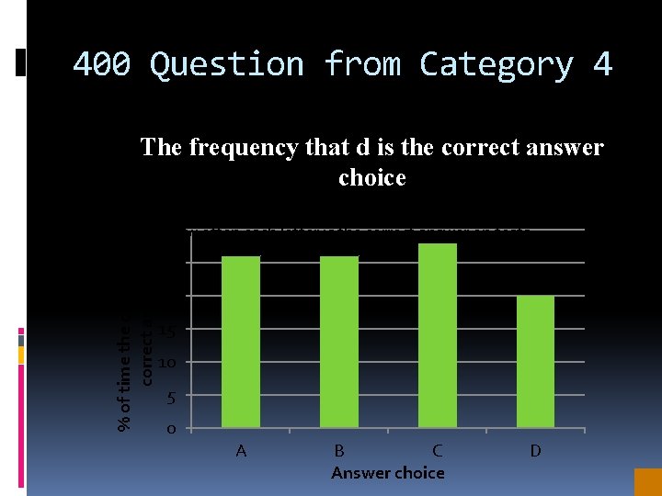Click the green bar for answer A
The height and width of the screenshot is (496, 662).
[241, 341]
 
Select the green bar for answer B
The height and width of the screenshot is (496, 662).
[338, 341]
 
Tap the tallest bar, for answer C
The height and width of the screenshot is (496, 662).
[438, 335]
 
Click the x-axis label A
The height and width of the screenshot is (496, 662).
[241, 451]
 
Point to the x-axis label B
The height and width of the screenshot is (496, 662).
[339, 451]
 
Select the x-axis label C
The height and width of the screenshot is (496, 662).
[438, 451]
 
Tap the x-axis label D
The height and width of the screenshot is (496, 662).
[535, 451]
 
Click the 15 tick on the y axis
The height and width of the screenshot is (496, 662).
[166, 331]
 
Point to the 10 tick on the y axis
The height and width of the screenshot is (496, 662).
[166, 363]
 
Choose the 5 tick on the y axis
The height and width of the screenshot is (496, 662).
[170, 397]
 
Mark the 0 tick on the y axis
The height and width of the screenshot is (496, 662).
[170, 430]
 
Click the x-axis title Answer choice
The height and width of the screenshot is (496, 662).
[387, 473]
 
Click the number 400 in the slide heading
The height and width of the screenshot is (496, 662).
[101, 64]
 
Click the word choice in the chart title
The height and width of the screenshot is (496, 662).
[371, 177]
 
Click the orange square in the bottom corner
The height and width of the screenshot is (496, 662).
[647, 482]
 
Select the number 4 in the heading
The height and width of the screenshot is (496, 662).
[602, 64]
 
